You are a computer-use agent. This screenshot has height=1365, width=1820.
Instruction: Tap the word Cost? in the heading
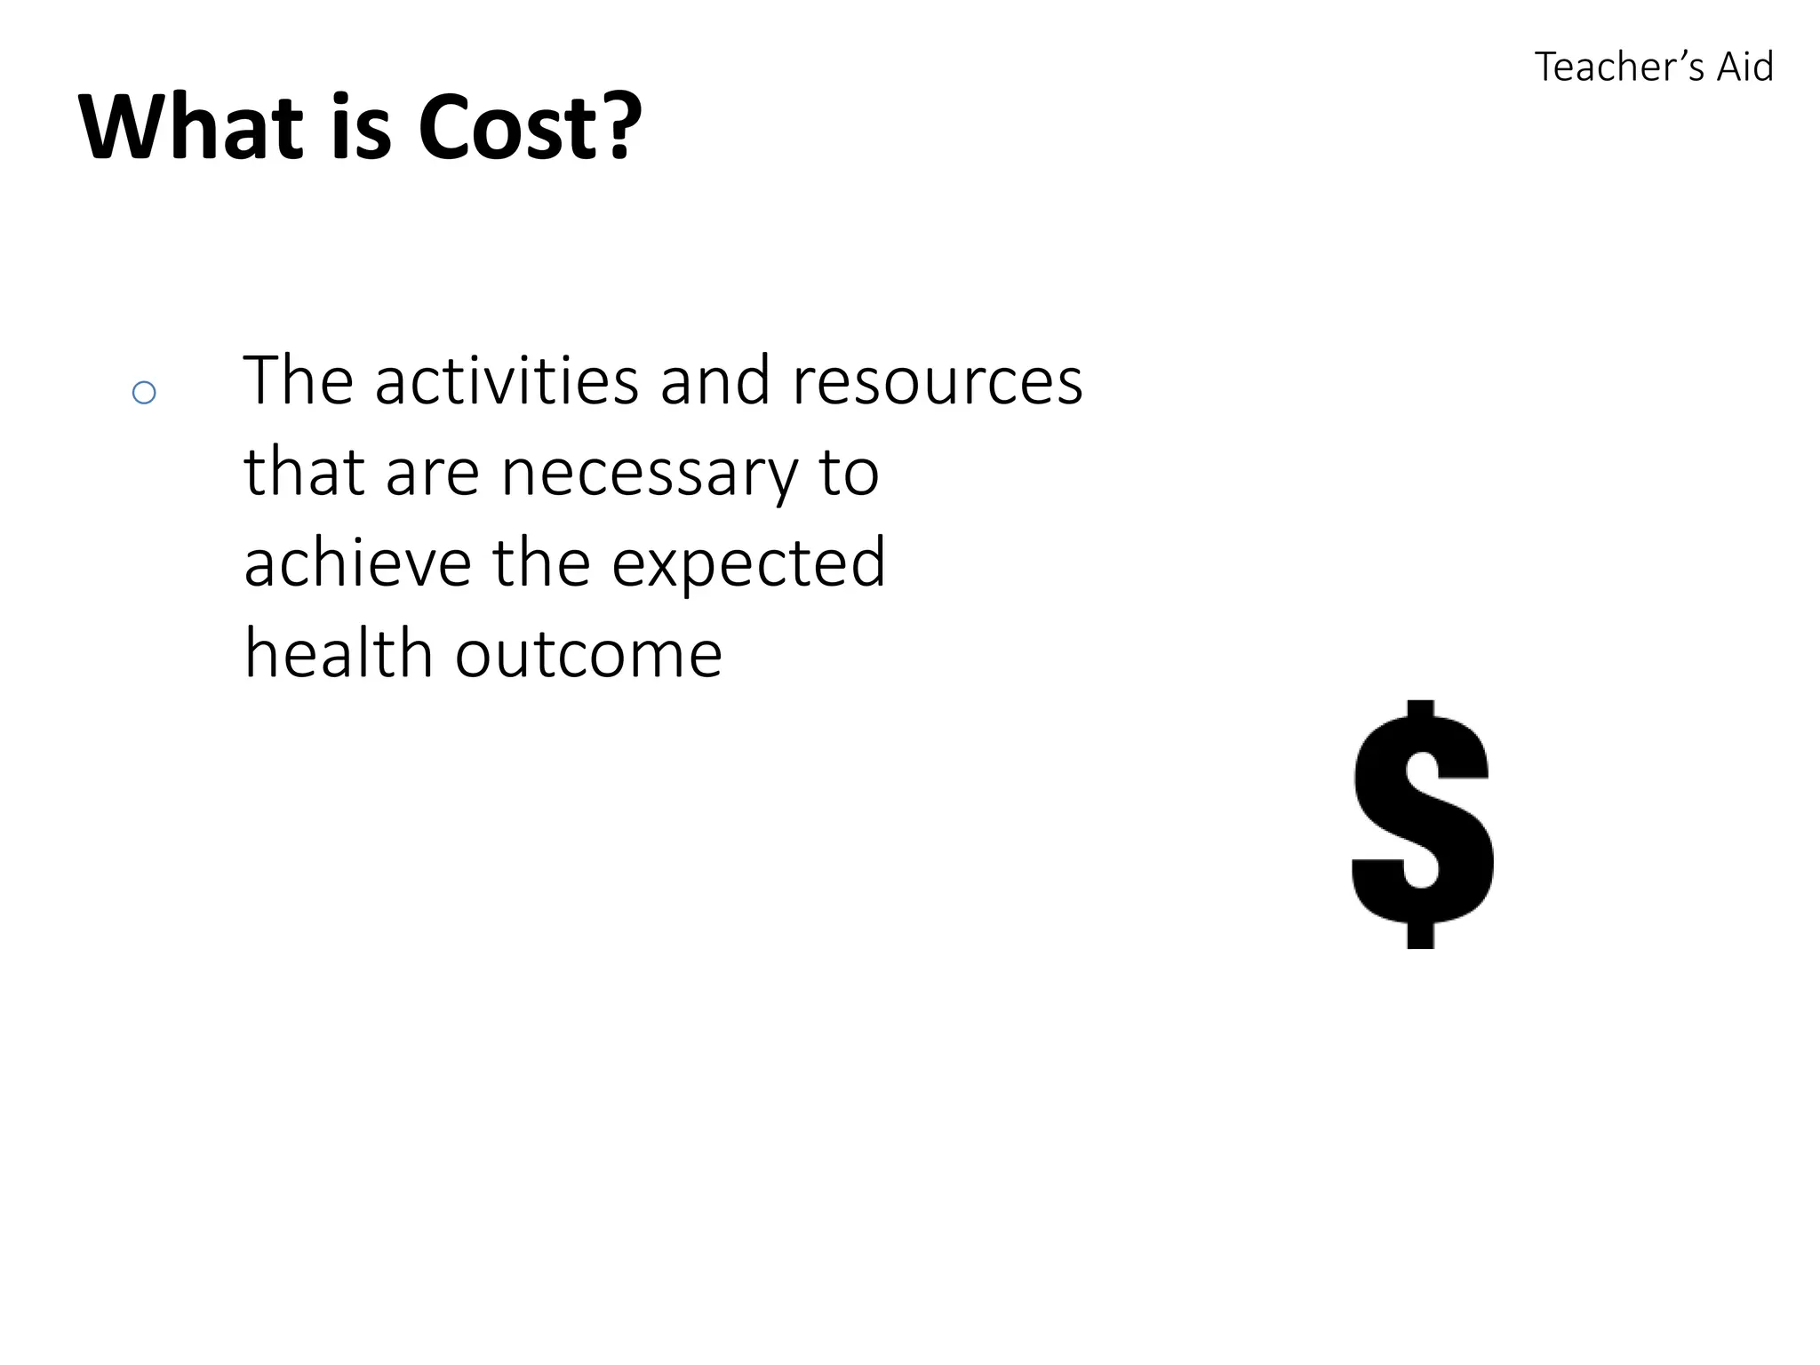pos(529,127)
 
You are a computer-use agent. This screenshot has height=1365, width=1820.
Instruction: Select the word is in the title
pos(361,127)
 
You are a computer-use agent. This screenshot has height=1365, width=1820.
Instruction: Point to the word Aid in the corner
pos(1744,68)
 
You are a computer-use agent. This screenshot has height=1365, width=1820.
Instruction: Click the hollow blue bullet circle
pos(144,393)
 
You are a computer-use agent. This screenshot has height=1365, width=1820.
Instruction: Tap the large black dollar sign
pos(1421,825)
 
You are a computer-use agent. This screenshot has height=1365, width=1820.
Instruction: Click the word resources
pos(937,382)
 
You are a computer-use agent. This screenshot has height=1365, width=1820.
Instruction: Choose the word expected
pos(749,565)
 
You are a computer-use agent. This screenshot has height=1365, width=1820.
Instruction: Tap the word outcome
pos(588,655)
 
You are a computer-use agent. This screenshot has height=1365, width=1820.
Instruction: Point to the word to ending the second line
pos(850,473)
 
